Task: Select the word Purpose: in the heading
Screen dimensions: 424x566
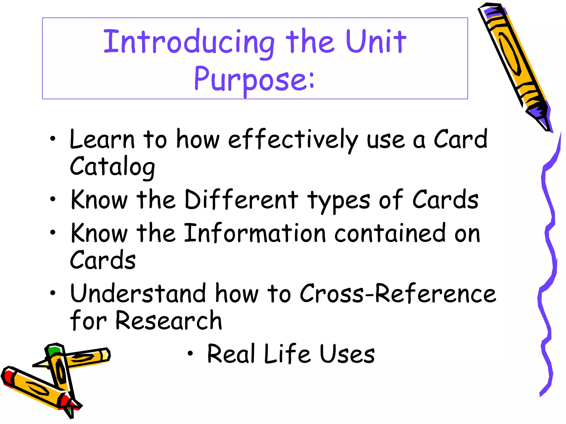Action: (x=254, y=79)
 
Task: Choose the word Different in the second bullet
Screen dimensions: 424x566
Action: (x=241, y=199)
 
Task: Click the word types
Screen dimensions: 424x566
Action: (x=339, y=200)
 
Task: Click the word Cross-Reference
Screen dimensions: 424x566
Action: (x=398, y=294)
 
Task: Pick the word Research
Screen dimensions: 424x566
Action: (x=169, y=321)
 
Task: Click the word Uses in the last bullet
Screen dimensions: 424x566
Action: (x=347, y=354)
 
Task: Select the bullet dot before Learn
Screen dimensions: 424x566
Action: (x=53, y=139)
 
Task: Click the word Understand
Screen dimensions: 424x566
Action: (x=138, y=293)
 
